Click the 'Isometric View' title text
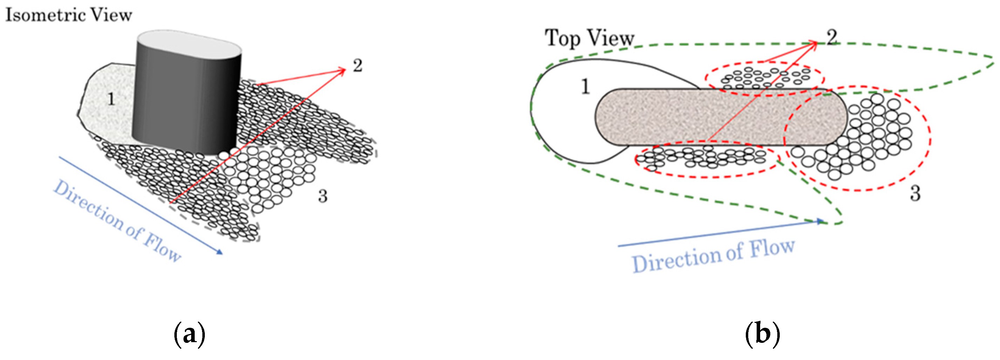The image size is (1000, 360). click(69, 15)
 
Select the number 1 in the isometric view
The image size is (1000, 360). click(111, 99)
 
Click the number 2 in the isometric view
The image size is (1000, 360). click(357, 65)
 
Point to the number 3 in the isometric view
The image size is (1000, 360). click(322, 196)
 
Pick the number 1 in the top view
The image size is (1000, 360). click(585, 86)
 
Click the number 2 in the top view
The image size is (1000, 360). click(832, 37)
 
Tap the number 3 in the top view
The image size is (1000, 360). click(915, 193)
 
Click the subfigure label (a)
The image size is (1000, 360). click(189, 334)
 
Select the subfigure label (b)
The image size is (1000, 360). click(762, 334)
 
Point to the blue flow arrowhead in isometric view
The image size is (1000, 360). click(220, 252)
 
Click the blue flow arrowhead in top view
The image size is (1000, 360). click(820, 221)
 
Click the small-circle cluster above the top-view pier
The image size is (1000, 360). click(764, 78)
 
